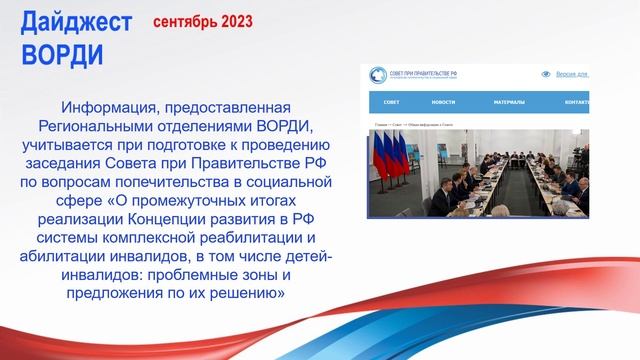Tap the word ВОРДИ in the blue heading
click(61, 53)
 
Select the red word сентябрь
click(182, 20)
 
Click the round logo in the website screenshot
click(378, 75)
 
